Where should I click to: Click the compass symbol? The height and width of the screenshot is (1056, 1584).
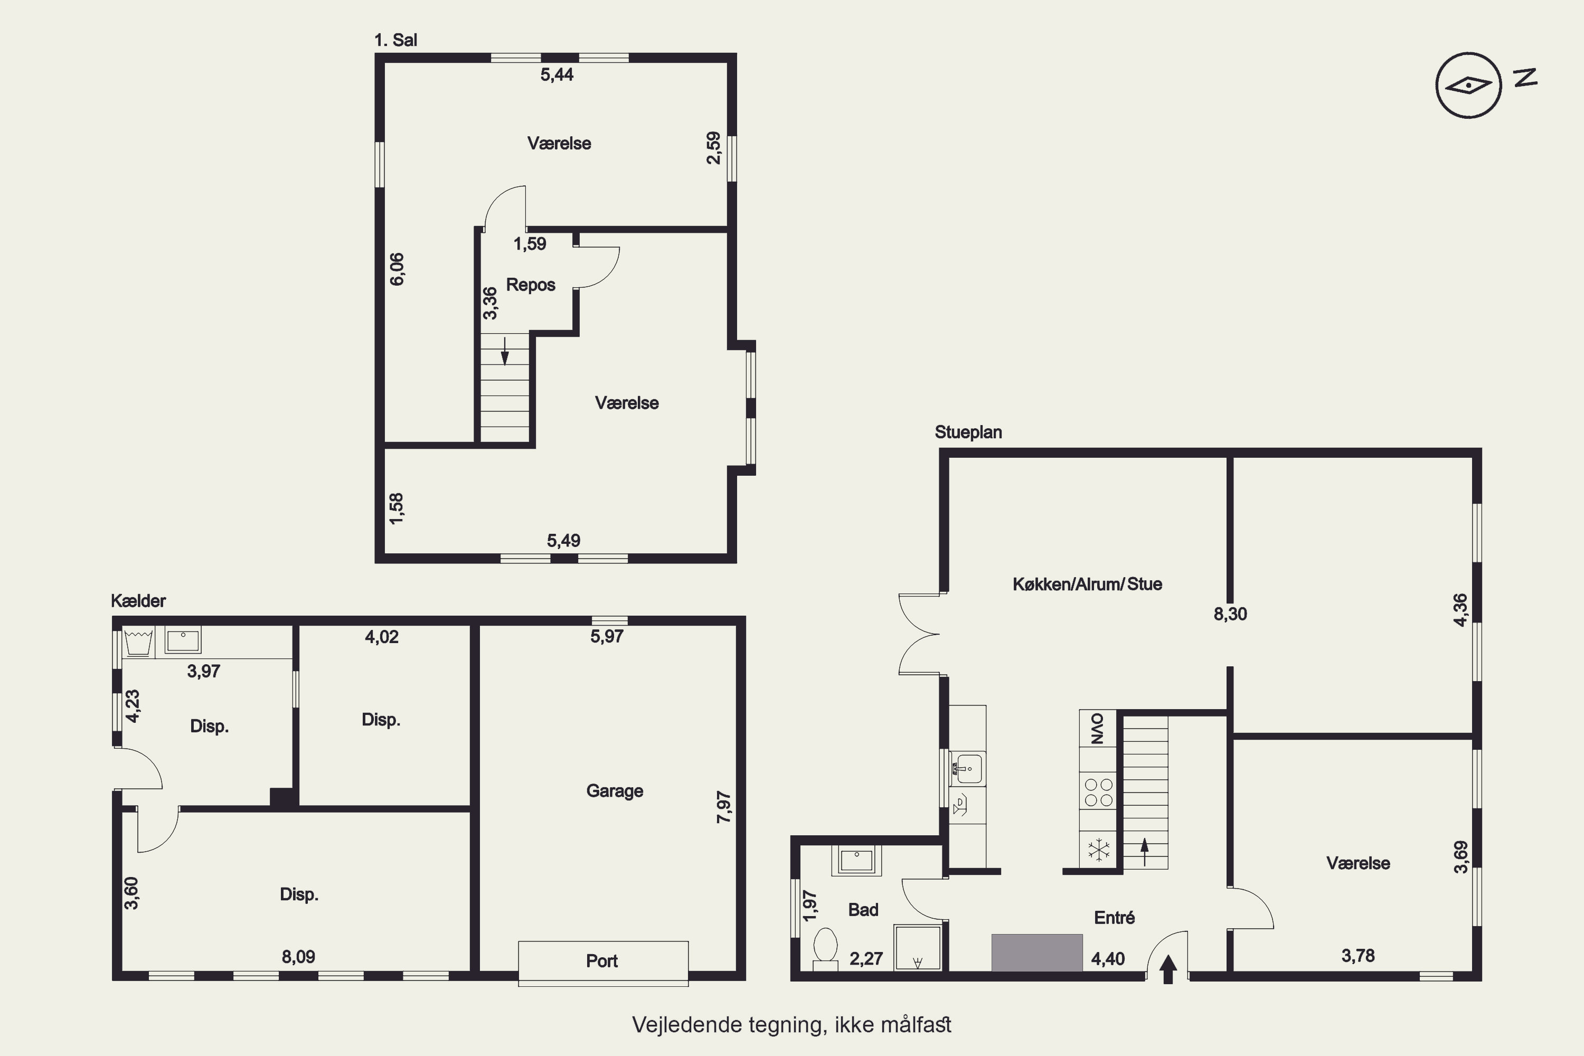point(1468,86)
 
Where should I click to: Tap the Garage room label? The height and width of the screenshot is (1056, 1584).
point(614,790)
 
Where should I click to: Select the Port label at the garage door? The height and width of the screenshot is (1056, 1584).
point(601,960)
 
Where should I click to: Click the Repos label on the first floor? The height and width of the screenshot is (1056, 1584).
point(531,285)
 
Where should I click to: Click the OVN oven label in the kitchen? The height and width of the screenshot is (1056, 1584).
point(1097,728)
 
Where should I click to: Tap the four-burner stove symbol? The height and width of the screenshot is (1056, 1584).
point(1098,792)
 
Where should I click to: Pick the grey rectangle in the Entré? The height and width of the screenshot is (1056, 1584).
point(1036,953)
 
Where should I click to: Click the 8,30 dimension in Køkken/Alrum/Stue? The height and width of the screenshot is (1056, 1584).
point(1230,614)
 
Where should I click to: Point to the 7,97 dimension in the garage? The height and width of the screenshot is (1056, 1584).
point(723,807)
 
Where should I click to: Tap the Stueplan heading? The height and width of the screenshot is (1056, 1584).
point(968,432)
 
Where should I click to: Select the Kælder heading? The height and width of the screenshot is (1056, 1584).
point(138,601)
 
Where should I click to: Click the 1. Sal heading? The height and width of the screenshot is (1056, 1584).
point(395,41)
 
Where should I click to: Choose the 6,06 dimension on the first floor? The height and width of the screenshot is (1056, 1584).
point(398,269)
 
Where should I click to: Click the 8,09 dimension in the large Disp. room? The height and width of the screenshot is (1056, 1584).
point(298,956)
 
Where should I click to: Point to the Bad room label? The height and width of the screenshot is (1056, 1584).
point(863,910)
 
